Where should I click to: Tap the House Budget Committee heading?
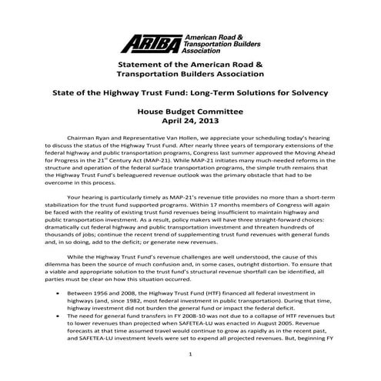pyautogui.click(x=189, y=111)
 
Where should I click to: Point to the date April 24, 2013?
pyautogui.click(x=189, y=121)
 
